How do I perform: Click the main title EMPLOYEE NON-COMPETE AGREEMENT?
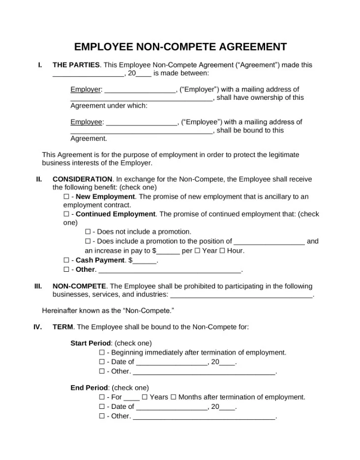coord(180,47)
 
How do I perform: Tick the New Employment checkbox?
coord(66,197)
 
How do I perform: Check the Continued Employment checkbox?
coord(66,214)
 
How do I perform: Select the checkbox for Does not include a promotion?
coord(88,231)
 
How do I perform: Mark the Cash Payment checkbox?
coord(66,260)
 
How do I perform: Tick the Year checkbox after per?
coord(197,251)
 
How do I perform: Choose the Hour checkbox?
coord(222,251)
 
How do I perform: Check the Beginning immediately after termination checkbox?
coord(102,352)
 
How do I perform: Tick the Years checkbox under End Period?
coord(145,397)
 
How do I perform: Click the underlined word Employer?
coord(86,89)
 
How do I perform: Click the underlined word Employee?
coord(87,122)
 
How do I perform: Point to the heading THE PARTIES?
coord(76,65)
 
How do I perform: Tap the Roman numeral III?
coord(38,286)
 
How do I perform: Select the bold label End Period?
coord(89,388)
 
